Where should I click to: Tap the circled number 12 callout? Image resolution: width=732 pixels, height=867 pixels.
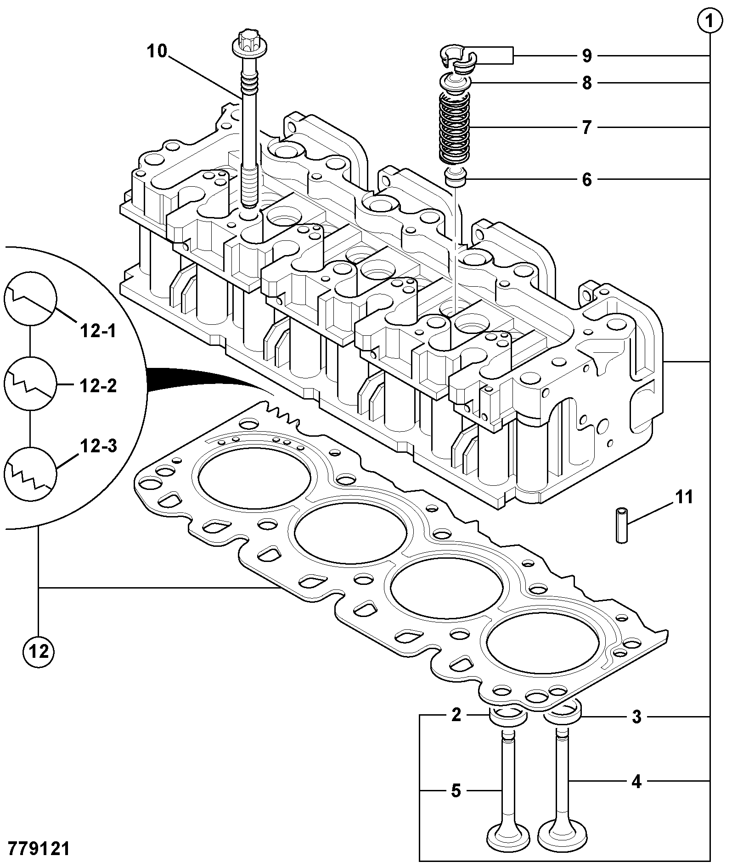pyautogui.click(x=39, y=651)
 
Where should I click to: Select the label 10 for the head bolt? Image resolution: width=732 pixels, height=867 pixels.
pyautogui.click(x=157, y=51)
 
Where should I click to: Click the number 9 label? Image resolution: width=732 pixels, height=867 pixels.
pyautogui.click(x=587, y=56)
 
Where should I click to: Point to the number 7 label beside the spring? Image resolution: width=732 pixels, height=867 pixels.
pyautogui.click(x=586, y=127)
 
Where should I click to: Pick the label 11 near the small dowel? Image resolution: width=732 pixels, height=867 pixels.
pyautogui.click(x=685, y=497)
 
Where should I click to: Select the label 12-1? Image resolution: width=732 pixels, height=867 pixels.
pyautogui.click(x=99, y=331)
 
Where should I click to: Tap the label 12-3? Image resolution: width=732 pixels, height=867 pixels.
pyautogui.click(x=98, y=445)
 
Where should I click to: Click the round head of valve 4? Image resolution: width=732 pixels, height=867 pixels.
pyautogui.click(x=561, y=834)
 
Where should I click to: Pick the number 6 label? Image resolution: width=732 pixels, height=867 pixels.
pyautogui.click(x=587, y=179)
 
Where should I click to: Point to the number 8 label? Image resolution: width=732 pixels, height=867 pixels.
pyautogui.click(x=587, y=83)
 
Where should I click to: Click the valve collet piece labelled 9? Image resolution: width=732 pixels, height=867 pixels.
pyautogui.click(x=457, y=59)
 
